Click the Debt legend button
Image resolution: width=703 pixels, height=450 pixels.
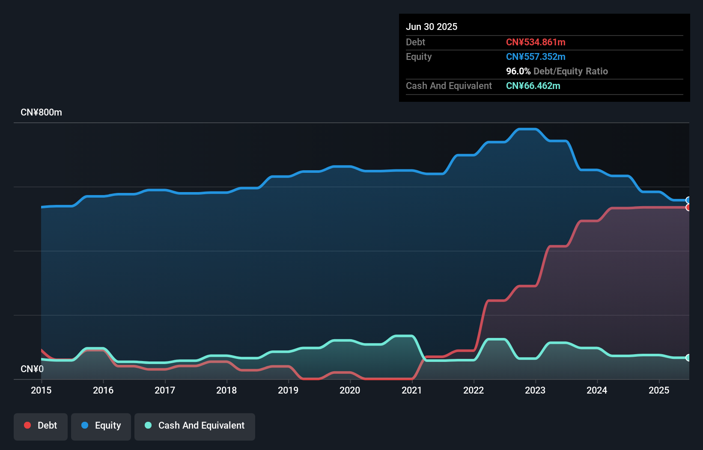pyautogui.click(x=41, y=426)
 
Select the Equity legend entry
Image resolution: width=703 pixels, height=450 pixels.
pyautogui.click(x=101, y=426)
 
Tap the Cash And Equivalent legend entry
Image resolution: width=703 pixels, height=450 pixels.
pyautogui.click(x=195, y=426)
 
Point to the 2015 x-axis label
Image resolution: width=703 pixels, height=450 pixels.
pyautogui.click(x=41, y=390)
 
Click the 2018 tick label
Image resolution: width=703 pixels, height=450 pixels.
pyautogui.click(x=226, y=390)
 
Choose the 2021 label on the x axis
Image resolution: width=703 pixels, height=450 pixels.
pyautogui.click(x=412, y=390)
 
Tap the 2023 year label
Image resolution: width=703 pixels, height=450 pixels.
pyautogui.click(x=535, y=390)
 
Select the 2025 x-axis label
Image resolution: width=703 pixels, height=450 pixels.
pyautogui.click(x=659, y=390)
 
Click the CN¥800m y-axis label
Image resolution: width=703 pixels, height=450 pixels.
pyautogui.click(x=41, y=112)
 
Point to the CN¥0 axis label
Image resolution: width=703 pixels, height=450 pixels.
pyautogui.click(x=32, y=369)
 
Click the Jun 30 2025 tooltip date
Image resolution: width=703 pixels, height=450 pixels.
pyautogui.click(x=432, y=27)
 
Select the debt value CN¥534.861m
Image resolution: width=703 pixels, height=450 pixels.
pyautogui.click(x=536, y=42)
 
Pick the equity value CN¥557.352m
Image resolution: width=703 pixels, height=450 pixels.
pyautogui.click(x=536, y=56)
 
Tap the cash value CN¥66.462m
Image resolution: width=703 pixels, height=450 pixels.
pyautogui.click(x=533, y=86)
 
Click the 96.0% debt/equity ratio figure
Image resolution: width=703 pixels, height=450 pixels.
pyautogui.click(x=518, y=71)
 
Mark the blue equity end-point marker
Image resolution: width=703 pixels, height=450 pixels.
pyautogui.click(x=688, y=200)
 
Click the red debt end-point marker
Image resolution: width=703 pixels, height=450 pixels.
pyautogui.click(x=688, y=207)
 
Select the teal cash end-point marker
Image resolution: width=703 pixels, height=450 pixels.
pyautogui.click(x=688, y=358)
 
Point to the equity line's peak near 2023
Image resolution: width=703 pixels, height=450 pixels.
pyautogui.click(x=527, y=129)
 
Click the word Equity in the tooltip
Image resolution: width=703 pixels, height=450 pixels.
pyautogui.click(x=419, y=56)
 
